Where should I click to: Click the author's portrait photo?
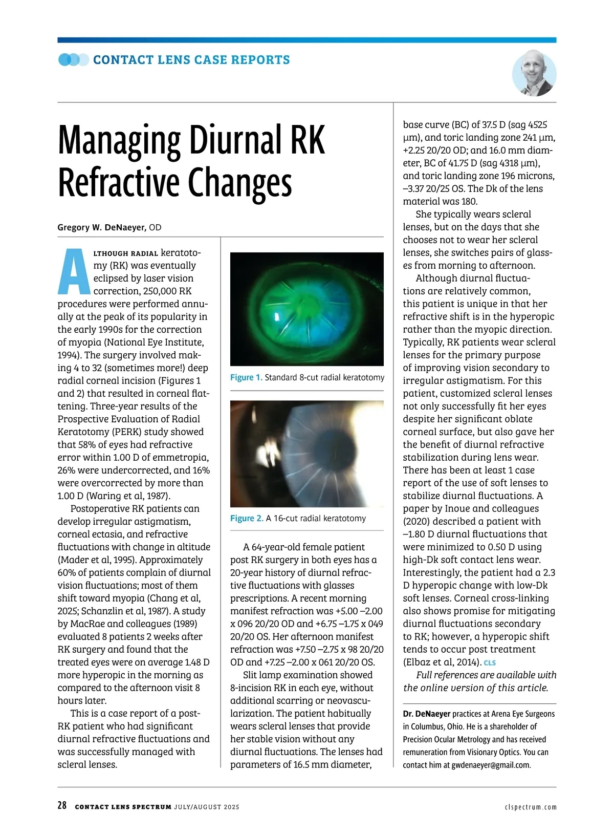(x=534, y=73)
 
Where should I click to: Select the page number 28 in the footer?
(x=62, y=805)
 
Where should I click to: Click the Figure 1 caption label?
(x=246, y=377)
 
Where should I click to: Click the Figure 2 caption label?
(x=246, y=518)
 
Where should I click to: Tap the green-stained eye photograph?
(x=306, y=309)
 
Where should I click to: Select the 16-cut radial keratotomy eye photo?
(x=306, y=454)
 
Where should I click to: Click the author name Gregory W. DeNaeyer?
(x=102, y=227)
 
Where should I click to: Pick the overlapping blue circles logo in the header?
(x=74, y=60)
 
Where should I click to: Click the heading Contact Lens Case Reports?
(x=191, y=60)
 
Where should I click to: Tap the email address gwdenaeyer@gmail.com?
(x=490, y=765)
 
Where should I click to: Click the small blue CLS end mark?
(x=490, y=663)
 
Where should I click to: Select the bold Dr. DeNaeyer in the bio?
(x=426, y=714)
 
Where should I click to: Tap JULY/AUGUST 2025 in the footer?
(x=206, y=807)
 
